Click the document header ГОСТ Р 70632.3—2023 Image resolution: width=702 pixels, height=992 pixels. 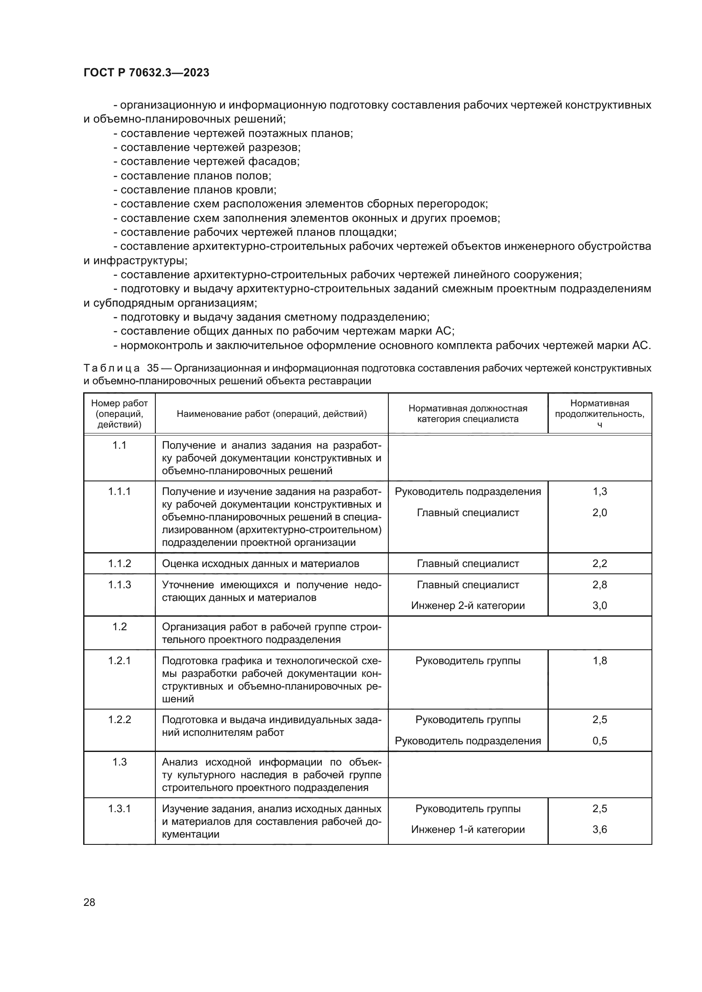(146, 73)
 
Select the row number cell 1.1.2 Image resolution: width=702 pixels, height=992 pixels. (119, 563)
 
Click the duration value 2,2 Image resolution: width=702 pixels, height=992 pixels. (600, 563)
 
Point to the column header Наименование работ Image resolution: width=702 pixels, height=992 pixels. (272, 414)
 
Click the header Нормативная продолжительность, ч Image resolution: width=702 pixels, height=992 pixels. (600, 414)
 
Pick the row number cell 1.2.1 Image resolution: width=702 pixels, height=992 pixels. (119, 661)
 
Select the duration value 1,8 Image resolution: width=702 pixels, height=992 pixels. (600, 661)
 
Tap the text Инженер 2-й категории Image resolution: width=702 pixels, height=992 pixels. (468, 606)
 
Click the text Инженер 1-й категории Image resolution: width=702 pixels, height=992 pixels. (468, 830)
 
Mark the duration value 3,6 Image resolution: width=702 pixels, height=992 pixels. (600, 830)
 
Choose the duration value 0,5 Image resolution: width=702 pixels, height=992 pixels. (600, 741)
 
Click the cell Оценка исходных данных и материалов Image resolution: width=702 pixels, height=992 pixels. (260, 563)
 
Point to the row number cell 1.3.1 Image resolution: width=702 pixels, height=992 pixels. (119, 809)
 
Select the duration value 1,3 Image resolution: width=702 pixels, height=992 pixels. (600, 492)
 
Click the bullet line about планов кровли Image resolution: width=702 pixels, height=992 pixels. (195, 190)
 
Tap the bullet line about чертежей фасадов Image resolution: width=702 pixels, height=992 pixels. (207, 162)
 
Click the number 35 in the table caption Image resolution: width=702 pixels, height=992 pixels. (153, 368)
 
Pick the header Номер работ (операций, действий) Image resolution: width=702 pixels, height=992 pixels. (119, 414)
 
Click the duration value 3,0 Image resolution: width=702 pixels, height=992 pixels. (600, 606)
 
